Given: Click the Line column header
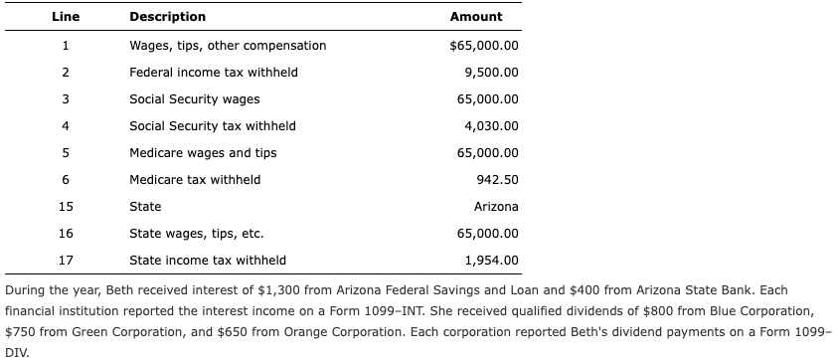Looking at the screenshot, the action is tap(65, 17).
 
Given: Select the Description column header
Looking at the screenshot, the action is tap(168, 17).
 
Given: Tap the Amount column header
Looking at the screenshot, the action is tap(476, 17).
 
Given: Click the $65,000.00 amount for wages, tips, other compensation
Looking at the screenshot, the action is tap(484, 46).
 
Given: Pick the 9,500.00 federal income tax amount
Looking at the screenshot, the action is tap(491, 73).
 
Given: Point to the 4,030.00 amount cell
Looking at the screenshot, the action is tap(491, 126).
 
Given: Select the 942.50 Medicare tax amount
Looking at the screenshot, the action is tap(498, 180).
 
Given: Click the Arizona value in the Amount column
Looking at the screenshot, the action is tap(496, 207).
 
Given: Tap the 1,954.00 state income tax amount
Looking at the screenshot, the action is tap(491, 261).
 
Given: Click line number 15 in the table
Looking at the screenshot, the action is tap(65, 207).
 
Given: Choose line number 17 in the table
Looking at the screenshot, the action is tap(65, 261).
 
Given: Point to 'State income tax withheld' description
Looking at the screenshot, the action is tap(208, 261).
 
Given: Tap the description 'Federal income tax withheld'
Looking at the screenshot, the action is tap(214, 73).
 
